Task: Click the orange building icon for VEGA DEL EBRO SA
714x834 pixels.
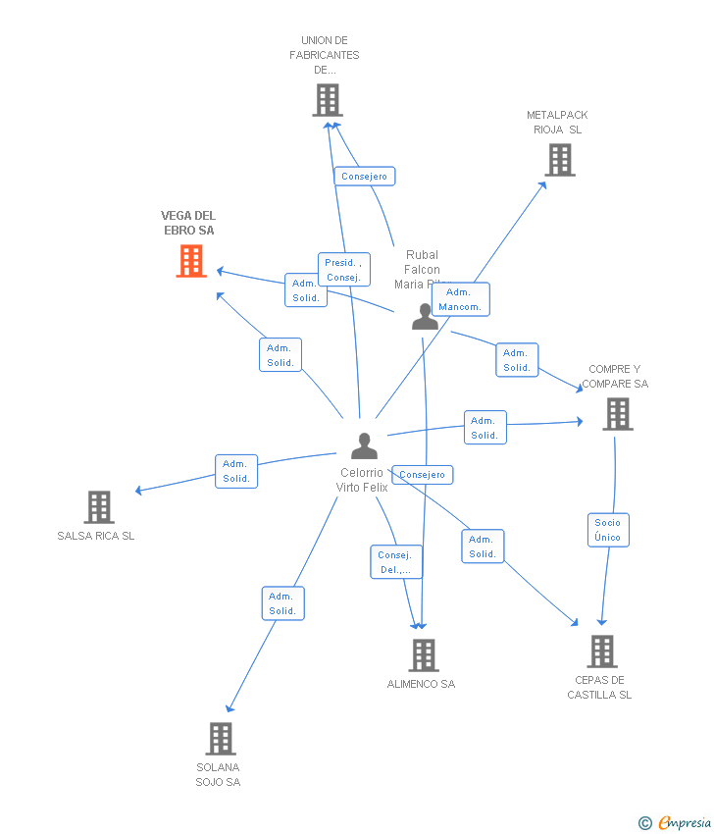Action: tap(191, 261)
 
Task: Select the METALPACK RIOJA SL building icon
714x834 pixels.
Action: tap(560, 159)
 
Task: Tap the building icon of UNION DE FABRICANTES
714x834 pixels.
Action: tap(328, 99)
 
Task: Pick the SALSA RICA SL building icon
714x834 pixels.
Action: tap(99, 506)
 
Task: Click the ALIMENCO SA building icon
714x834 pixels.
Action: tap(423, 654)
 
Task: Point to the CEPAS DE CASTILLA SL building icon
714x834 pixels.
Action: tap(602, 651)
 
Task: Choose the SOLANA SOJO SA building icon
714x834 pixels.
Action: tap(221, 738)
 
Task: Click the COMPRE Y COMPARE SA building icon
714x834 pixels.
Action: tap(618, 413)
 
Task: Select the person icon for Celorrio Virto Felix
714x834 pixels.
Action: tap(364, 446)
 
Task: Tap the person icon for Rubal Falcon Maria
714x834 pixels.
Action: tap(425, 317)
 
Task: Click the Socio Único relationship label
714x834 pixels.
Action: tap(607, 530)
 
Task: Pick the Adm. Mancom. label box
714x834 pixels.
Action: tap(460, 299)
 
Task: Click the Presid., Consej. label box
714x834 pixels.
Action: tap(343, 270)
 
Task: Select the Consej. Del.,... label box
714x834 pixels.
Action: tap(396, 562)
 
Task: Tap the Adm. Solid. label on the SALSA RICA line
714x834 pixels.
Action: tap(236, 471)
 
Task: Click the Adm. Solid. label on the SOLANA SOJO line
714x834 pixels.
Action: tap(282, 603)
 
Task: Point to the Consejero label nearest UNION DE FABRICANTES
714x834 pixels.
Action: tap(364, 177)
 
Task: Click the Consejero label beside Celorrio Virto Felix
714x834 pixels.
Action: tap(423, 475)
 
